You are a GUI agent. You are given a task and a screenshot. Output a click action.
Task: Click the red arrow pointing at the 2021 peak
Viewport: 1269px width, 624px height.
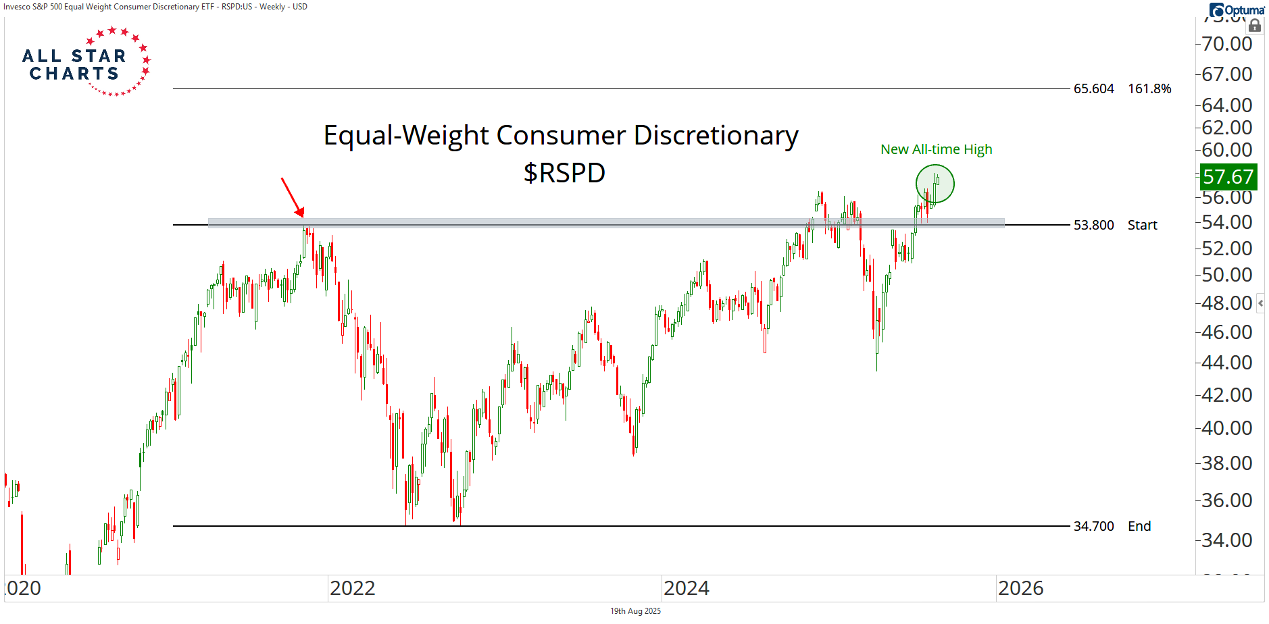pyautogui.click(x=293, y=197)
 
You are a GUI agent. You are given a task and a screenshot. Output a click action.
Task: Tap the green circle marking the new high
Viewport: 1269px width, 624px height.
pyautogui.click(x=935, y=184)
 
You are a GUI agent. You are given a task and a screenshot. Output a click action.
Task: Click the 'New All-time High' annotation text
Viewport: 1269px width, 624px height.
pyautogui.click(x=936, y=149)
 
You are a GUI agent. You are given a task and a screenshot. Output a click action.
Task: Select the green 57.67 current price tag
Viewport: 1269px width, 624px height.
pyautogui.click(x=1228, y=177)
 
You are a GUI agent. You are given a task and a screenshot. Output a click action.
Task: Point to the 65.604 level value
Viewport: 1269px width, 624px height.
pyautogui.click(x=1093, y=89)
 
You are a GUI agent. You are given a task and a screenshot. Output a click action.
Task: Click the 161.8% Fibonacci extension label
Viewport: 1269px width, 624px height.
pyautogui.click(x=1149, y=89)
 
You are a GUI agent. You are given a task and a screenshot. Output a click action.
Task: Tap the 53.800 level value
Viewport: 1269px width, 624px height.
pyautogui.click(x=1093, y=225)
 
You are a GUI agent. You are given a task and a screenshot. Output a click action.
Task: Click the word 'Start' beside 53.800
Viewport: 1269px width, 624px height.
pyautogui.click(x=1142, y=225)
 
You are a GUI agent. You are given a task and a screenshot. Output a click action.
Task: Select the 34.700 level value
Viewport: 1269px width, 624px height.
pyautogui.click(x=1093, y=526)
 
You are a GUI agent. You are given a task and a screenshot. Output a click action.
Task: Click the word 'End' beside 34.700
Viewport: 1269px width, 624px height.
pyautogui.click(x=1139, y=526)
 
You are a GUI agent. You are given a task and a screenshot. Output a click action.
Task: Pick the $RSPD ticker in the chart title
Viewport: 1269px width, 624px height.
pyautogui.click(x=564, y=173)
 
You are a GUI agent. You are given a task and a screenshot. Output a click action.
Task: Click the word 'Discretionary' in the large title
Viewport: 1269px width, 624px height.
pyautogui.click(x=716, y=136)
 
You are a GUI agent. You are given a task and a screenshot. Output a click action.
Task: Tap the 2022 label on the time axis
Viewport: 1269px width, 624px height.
pyautogui.click(x=352, y=588)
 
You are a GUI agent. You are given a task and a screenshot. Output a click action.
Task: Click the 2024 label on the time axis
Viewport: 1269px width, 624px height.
pyautogui.click(x=687, y=588)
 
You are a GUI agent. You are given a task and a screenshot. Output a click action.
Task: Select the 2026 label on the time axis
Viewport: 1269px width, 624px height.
pyautogui.click(x=1020, y=588)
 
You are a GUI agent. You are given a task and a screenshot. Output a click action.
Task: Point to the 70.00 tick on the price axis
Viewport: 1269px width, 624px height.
pyautogui.click(x=1227, y=44)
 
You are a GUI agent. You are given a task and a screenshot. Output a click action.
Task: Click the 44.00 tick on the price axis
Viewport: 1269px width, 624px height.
pyautogui.click(x=1227, y=363)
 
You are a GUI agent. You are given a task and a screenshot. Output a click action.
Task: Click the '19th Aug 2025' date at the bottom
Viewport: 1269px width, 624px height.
pyautogui.click(x=635, y=611)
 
